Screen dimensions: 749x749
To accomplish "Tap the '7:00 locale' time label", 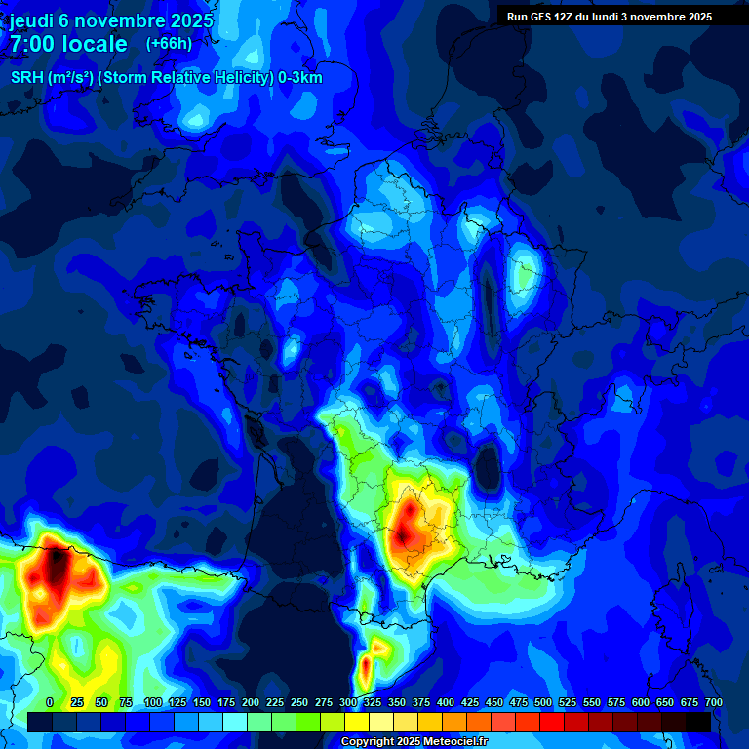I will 69,44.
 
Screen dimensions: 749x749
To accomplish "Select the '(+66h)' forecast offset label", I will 169,44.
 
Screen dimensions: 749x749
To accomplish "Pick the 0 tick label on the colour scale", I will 49,702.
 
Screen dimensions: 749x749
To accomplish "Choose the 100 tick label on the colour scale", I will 153,702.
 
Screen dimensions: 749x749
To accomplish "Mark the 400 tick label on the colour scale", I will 446,702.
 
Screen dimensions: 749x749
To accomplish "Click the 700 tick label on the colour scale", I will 714,702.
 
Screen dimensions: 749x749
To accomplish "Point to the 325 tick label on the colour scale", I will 373,702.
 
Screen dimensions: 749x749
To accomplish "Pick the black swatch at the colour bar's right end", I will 697,722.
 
